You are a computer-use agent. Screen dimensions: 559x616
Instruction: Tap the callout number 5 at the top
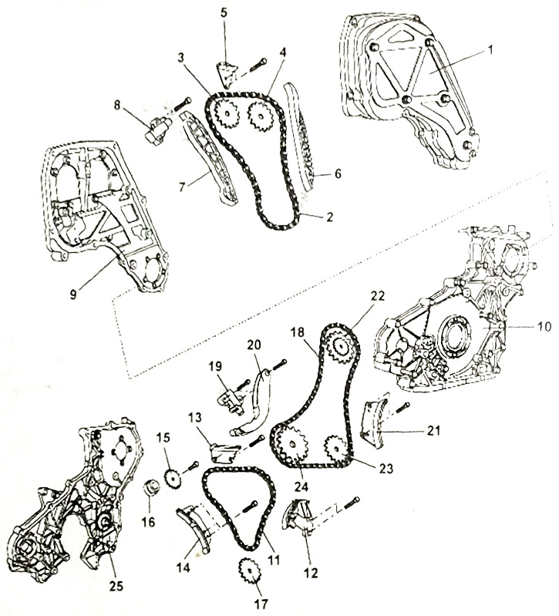click(224, 12)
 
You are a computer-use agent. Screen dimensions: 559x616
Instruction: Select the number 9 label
click(73, 295)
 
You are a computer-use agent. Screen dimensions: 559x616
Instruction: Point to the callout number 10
click(544, 326)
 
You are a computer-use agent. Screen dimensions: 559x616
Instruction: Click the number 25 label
click(116, 586)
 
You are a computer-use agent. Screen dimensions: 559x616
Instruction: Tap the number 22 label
click(377, 296)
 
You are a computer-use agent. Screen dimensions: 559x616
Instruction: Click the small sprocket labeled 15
click(173, 478)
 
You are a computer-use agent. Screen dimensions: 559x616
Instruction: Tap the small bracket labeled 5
click(227, 74)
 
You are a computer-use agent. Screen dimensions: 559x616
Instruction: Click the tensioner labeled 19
click(230, 402)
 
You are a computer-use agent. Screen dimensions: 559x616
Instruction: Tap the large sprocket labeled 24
click(292, 445)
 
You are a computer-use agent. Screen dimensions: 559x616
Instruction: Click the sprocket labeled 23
click(336, 447)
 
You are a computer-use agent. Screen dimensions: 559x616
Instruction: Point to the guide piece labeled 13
click(224, 453)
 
